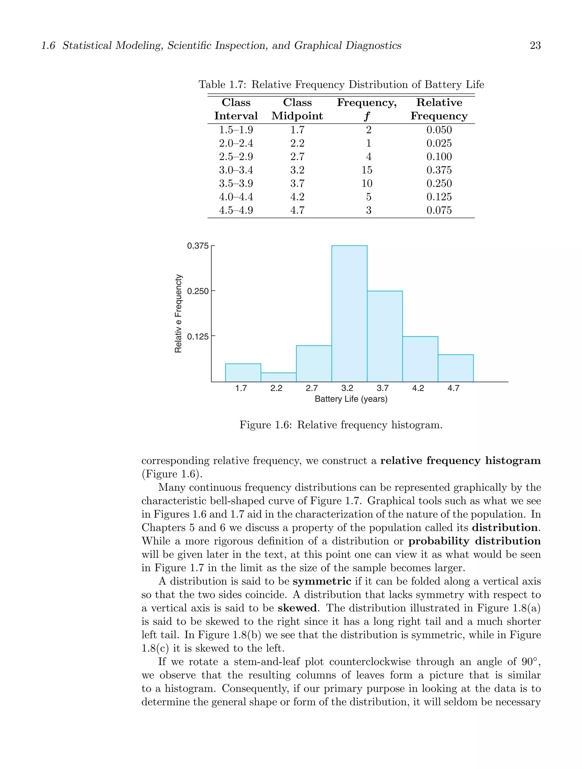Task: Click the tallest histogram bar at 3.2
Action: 349,313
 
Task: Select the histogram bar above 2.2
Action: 278,377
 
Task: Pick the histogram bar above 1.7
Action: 243,372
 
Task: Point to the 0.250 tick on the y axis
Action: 198,291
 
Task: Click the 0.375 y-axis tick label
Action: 198,246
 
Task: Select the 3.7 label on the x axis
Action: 383,388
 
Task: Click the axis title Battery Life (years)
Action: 351,399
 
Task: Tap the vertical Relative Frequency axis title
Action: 178,313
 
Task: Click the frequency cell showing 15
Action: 367,170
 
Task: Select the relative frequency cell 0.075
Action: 439,210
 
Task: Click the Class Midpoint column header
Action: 297,109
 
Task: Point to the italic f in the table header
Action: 367,116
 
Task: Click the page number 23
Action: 535,45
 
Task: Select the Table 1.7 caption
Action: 341,84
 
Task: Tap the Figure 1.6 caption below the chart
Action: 341,425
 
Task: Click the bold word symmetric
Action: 322,581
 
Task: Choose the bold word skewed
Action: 297,608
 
